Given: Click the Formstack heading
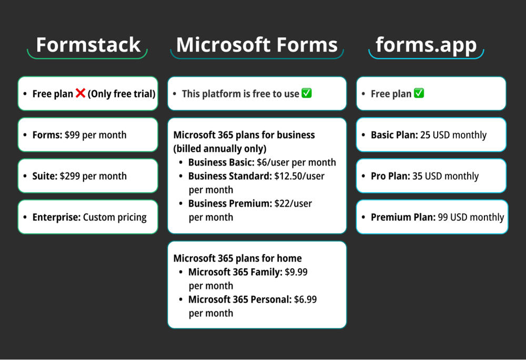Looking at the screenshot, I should coord(88,45).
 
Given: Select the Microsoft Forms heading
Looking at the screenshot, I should coord(257,45).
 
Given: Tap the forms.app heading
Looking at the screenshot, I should coord(426,45).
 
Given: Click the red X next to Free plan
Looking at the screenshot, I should coord(80,94).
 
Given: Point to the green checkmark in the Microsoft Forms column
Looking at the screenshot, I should coord(307,94).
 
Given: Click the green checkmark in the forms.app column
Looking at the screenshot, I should coord(419,94).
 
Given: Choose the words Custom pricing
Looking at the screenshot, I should coord(115,217).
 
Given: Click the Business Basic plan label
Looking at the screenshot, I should coord(221,163).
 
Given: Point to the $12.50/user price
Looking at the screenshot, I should coord(299,176).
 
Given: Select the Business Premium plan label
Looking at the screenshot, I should coord(229,204).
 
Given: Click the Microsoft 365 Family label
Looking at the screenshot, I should coord(235,272).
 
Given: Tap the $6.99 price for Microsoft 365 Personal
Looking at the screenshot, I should coord(305,299).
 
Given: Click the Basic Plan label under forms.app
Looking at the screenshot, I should coord(394,135).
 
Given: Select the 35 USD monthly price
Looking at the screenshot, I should coord(445,176).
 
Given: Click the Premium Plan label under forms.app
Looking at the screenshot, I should coord(402,217).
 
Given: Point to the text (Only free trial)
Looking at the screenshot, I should coord(122,94).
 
